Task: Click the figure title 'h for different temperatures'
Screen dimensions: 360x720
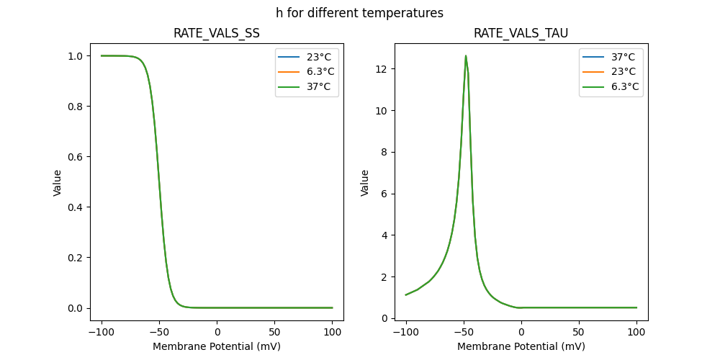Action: pyautogui.click(x=359, y=13)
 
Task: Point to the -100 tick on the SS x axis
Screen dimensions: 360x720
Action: pyautogui.click(x=101, y=333)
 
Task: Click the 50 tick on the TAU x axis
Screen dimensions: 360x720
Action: pyautogui.click(x=579, y=333)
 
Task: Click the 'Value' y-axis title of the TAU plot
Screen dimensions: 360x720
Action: pyautogui.click(x=365, y=183)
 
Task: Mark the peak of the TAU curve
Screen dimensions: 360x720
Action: pyautogui.click(x=466, y=55)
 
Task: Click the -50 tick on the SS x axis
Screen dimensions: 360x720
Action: pyautogui.click(x=159, y=333)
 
